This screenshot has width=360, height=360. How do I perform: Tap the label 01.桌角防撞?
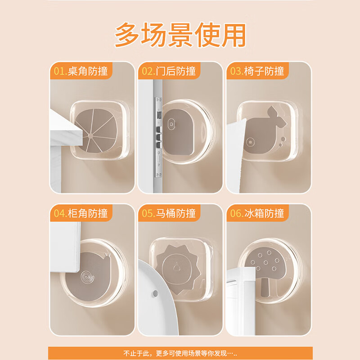coord(81,71)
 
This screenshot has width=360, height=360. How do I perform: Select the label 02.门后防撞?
coord(169,71)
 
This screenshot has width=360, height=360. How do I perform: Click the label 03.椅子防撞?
coord(257,71)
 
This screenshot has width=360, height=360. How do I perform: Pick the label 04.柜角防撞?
coord(81,213)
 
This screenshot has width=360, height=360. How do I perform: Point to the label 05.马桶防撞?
coord(169,213)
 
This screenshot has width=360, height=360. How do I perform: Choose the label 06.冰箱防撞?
coord(257,213)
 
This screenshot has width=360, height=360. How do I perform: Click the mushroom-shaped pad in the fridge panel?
coord(269,268)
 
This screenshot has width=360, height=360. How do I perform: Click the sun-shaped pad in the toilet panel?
coord(179,265)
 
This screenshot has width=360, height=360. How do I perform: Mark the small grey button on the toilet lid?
coord(154,293)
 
